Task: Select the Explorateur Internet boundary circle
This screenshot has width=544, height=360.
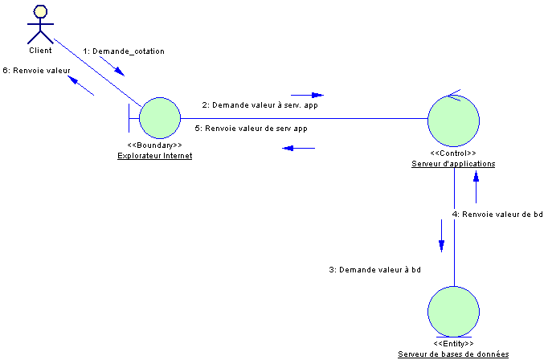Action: pyautogui.click(x=159, y=118)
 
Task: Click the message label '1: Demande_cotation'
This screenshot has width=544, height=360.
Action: pyautogui.click(x=124, y=51)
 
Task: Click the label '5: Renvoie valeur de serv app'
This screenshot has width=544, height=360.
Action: pyautogui.click(x=251, y=128)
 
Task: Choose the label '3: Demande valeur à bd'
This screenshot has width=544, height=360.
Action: pyautogui.click(x=374, y=270)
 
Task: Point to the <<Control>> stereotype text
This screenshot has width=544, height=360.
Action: pyautogui.click(x=452, y=153)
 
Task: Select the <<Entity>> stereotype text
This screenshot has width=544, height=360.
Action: pyautogui.click(x=453, y=343)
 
